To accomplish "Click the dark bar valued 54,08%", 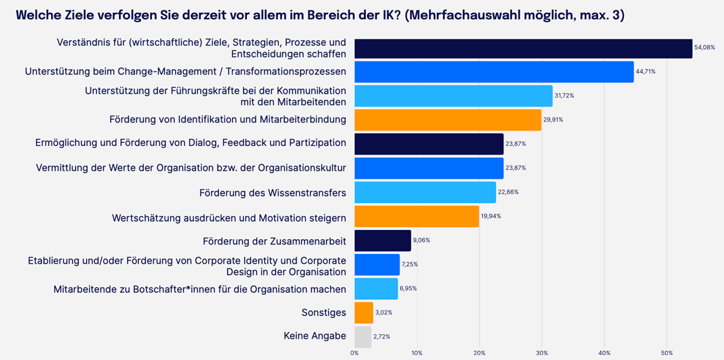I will pos(523,48).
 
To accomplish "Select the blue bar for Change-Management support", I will pos(494,72).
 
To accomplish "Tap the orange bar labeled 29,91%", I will pos(447,120).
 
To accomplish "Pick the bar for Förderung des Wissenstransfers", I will pos(425,192).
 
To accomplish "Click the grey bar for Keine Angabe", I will pos(363,337).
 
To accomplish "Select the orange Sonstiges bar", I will pos(363,313).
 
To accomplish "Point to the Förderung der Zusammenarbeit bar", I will pos(382,240).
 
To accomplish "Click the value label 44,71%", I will pos(645,72).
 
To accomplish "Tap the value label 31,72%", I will pos(564,96).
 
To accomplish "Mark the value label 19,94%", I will pos(491,217).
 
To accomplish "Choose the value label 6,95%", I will pos(408,289).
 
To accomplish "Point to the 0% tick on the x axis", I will pos(354,353).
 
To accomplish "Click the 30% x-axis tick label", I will pos(542,353).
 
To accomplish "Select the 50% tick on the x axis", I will pos(666,353).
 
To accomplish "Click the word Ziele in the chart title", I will pos(79,15).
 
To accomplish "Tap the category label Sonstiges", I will pos(323,313).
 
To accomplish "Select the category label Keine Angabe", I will pos(315,336).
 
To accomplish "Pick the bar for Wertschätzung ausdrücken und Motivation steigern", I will pos(416,217).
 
